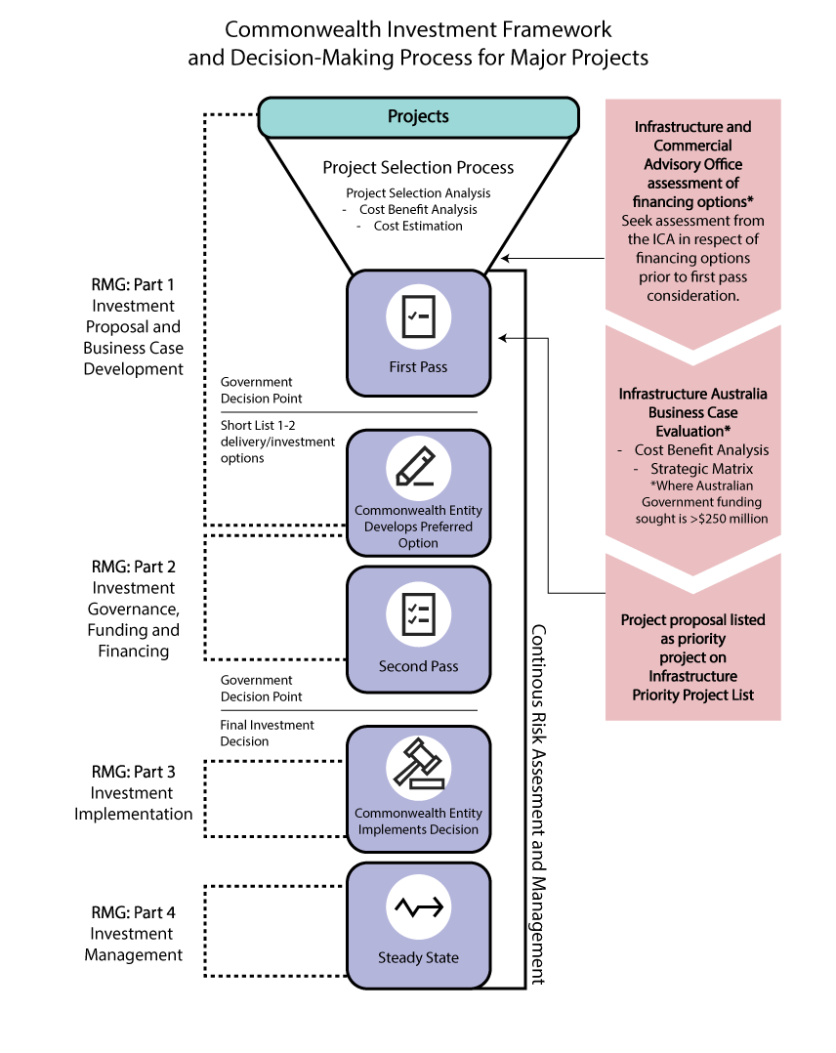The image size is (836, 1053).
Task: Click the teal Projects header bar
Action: (x=418, y=117)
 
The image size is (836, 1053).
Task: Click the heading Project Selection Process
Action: (x=418, y=168)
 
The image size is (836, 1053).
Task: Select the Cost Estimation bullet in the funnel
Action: (x=418, y=226)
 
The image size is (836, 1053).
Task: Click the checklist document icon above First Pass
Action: (x=418, y=316)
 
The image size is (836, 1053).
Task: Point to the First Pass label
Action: (x=418, y=367)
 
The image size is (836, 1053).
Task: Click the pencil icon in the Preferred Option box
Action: (x=418, y=467)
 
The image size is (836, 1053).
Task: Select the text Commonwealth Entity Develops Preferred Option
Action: (x=418, y=526)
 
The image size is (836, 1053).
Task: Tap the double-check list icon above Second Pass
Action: (x=418, y=613)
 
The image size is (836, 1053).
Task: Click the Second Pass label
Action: (x=418, y=666)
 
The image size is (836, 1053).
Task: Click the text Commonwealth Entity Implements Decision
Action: (x=418, y=821)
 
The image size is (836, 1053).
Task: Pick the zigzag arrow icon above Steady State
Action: (x=418, y=907)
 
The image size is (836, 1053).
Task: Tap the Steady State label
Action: (x=418, y=958)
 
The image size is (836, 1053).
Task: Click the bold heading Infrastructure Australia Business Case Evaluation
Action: (x=692, y=412)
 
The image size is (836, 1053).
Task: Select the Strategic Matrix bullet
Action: (x=701, y=469)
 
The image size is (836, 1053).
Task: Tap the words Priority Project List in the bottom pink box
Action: (x=692, y=695)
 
